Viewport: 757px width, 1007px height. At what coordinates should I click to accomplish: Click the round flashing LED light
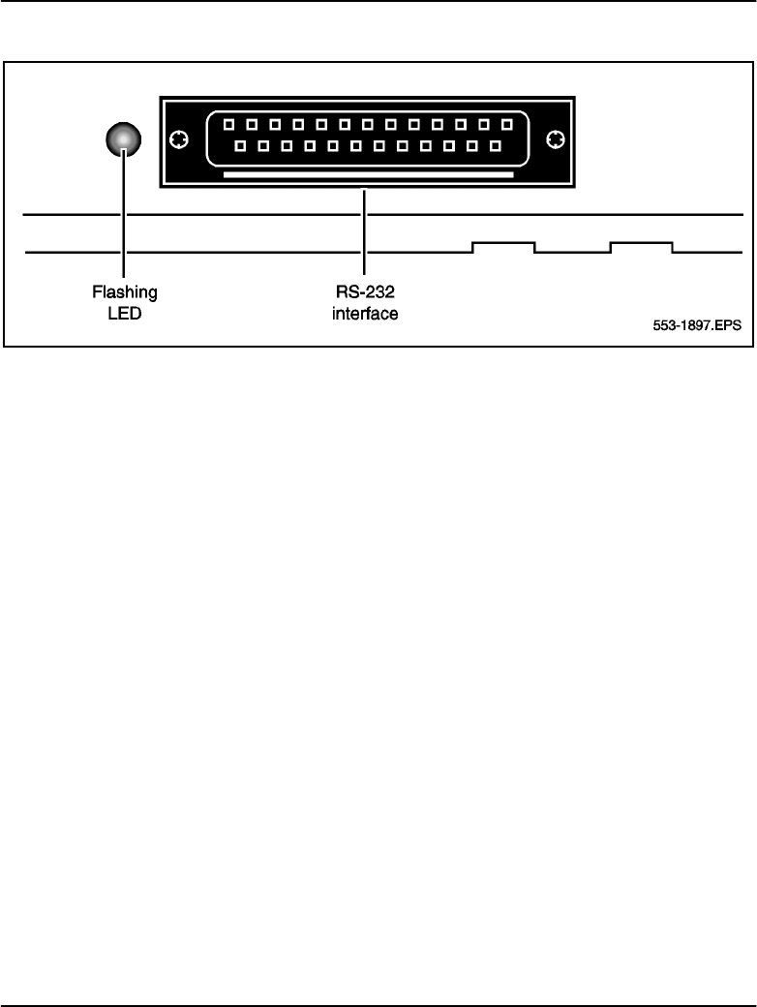[123, 141]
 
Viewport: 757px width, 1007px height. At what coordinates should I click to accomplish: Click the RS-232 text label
[365, 291]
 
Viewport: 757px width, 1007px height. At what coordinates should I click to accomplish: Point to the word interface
[365, 313]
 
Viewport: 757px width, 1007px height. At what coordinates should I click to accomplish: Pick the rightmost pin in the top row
[506, 125]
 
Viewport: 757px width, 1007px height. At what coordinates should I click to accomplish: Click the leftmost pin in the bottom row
[240, 147]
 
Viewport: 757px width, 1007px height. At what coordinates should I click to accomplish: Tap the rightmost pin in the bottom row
[495, 147]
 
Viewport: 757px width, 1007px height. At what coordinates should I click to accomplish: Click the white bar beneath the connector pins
[368, 175]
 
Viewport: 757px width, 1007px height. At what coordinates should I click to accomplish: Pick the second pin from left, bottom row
[263, 147]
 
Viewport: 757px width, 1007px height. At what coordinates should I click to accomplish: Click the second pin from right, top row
[483, 125]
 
